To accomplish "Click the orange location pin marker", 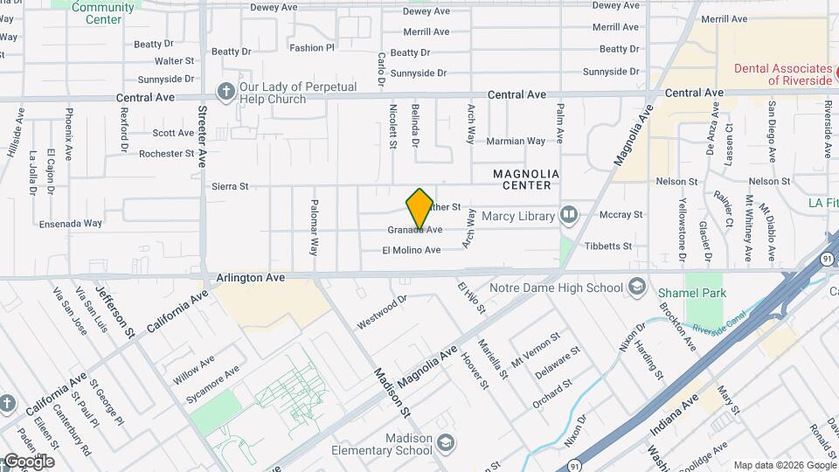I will (x=419, y=210).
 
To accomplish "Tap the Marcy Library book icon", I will (x=569, y=214).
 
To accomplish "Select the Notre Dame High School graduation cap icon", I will (x=636, y=288).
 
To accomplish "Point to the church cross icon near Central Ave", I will (x=225, y=91).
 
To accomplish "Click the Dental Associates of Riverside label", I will (x=781, y=74).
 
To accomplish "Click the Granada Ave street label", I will (x=415, y=230).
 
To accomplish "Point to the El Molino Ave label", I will (x=411, y=250).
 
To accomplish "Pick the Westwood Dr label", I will (x=382, y=312).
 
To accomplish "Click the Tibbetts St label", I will (x=608, y=246).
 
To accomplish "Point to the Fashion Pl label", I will (x=311, y=48).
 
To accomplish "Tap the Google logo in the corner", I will (x=28, y=461).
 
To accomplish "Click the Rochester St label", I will (x=166, y=154).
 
